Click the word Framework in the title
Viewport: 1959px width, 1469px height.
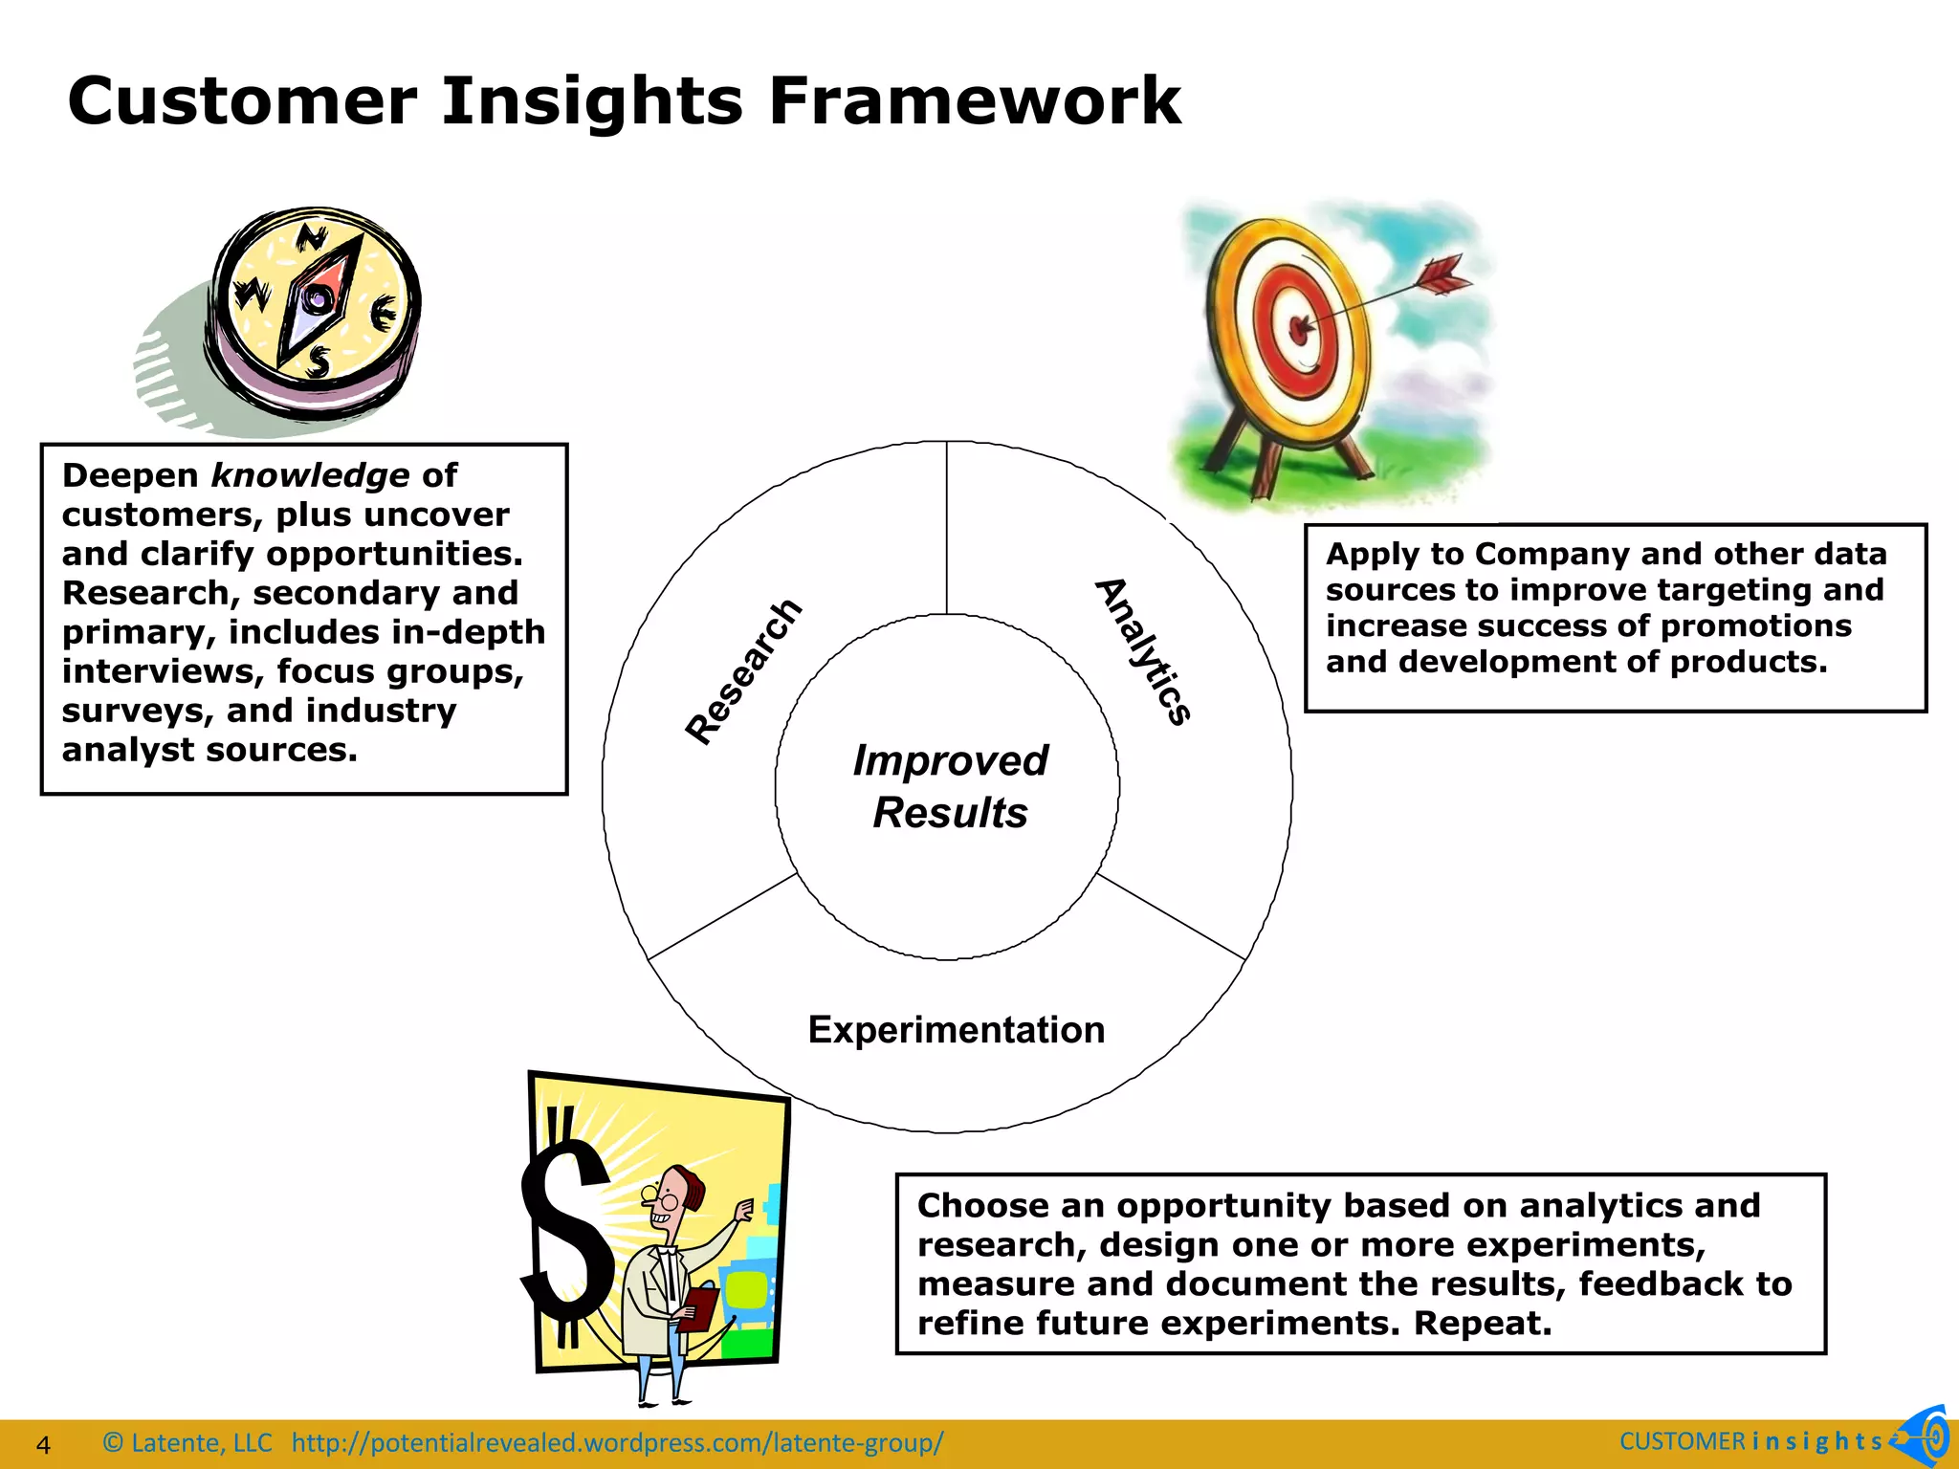(975, 101)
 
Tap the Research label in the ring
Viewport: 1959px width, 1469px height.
(743, 671)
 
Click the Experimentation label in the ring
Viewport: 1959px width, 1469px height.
(956, 1030)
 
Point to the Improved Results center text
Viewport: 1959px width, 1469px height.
(950, 786)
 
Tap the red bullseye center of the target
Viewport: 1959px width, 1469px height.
(1299, 330)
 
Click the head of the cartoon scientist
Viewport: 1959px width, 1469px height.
(674, 1195)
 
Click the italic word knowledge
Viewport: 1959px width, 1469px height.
(310, 475)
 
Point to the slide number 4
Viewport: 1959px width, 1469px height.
(43, 1444)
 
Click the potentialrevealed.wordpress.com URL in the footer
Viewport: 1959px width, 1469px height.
(617, 1442)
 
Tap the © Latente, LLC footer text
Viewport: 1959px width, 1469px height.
(187, 1442)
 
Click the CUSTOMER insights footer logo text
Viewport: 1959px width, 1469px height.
(1750, 1441)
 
